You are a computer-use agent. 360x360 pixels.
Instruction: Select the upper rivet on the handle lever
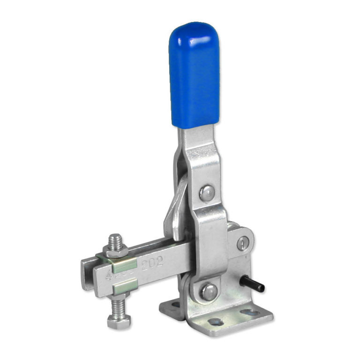[x=207, y=191]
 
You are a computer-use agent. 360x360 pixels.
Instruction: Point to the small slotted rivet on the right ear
[x=241, y=243]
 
